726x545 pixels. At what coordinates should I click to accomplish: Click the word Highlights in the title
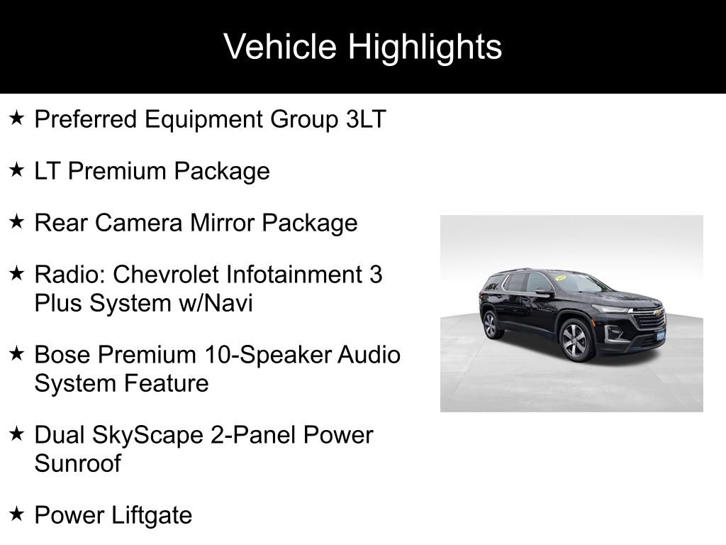[x=425, y=47]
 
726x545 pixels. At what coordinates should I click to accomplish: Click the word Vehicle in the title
[x=281, y=47]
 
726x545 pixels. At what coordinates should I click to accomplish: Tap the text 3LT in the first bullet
[x=366, y=119]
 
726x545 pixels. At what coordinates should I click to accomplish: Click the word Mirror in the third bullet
[x=222, y=223]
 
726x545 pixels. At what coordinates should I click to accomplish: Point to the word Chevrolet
[x=169, y=274]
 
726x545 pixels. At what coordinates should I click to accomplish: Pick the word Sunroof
[x=77, y=464]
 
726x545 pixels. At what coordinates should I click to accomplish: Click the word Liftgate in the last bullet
[x=152, y=515]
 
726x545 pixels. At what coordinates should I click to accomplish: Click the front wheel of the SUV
[x=576, y=340]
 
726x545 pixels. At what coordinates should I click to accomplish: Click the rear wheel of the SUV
[x=490, y=325]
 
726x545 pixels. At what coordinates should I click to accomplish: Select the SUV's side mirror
[x=542, y=292]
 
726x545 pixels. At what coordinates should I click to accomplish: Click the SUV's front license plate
[x=660, y=334]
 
